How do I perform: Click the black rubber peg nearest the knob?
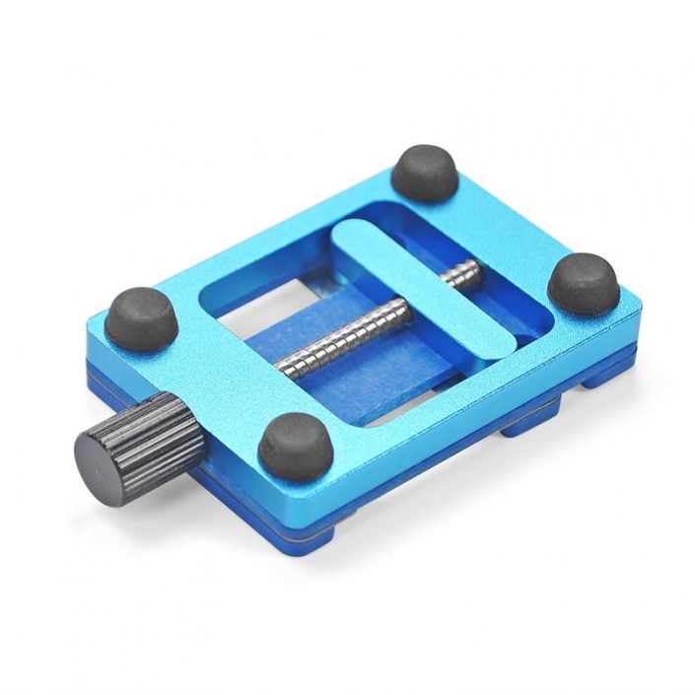(141, 317)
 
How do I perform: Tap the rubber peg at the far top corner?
(425, 173)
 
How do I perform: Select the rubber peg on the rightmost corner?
(583, 282)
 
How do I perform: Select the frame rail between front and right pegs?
(444, 394)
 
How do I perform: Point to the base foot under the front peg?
(306, 527)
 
